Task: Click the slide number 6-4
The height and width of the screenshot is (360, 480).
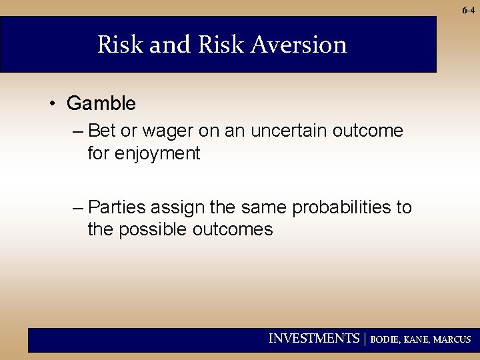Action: [467, 10]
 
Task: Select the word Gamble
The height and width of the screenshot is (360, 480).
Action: [101, 103]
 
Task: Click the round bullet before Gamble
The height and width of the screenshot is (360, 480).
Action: [51, 104]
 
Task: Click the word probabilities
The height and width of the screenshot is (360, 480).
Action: [342, 207]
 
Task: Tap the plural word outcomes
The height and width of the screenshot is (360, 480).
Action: [233, 230]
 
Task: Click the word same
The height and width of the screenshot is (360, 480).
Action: [265, 207]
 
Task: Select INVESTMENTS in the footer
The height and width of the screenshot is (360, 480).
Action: [313, 339]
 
